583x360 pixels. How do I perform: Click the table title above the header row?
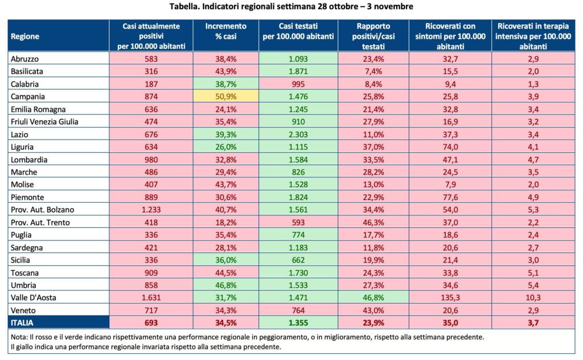click(291, 7)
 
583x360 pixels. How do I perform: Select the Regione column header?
click(25, 36)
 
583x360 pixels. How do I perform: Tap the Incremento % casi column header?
click(226, 31)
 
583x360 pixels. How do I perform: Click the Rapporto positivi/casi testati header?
click(373, 36)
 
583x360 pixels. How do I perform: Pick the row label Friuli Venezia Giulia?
click(44, 122)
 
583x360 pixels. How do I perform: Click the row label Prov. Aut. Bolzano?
click(42, 210)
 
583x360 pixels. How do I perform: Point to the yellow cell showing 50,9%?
click(226, 97)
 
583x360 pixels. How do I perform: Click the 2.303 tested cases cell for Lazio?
click(298, 134)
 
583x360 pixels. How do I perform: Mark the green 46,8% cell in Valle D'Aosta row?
click(373, 297)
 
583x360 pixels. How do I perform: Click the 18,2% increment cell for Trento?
click(226, 222)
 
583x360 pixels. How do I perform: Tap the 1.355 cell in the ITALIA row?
click(298, 323)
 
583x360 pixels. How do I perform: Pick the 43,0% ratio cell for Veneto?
click(373, 310)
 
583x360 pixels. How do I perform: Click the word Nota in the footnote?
click(18, 337)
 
